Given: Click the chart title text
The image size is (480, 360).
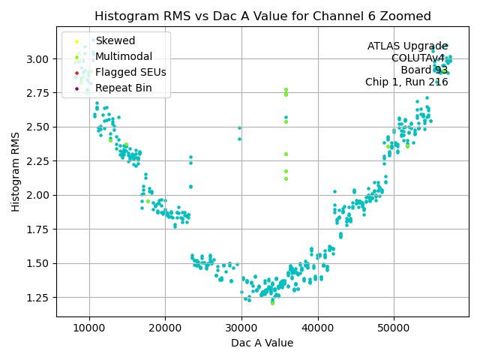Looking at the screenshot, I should pyautogui.click(x=262, y=16).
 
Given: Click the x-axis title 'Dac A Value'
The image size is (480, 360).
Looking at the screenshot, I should pyautogui.click(x=262, y=343).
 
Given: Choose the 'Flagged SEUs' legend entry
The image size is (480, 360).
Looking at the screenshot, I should pyautogui.click(x=130, y=73).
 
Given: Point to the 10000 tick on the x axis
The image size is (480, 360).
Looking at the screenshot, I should pyautogui.click(x=89, y=328).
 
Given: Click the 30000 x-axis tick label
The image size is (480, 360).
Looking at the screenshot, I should pyautogui.click(x=241, y=328).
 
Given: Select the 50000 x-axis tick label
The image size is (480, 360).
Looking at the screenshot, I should pyautogui.click(x=394, y=328).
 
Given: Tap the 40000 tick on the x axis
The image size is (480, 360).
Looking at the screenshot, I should pyautogui.click(x=318, y=328).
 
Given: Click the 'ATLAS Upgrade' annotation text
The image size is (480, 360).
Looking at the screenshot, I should pyautogui.click(x=407, y=46).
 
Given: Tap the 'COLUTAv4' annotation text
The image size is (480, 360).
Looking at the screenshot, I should pyautogui.click(x=419, y=58).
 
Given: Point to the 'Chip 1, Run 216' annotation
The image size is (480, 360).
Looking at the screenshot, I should pyautogui.click(x=406, y=82).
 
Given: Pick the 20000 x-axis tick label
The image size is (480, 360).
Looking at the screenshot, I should pyautogui.click(x=165, y=328).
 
